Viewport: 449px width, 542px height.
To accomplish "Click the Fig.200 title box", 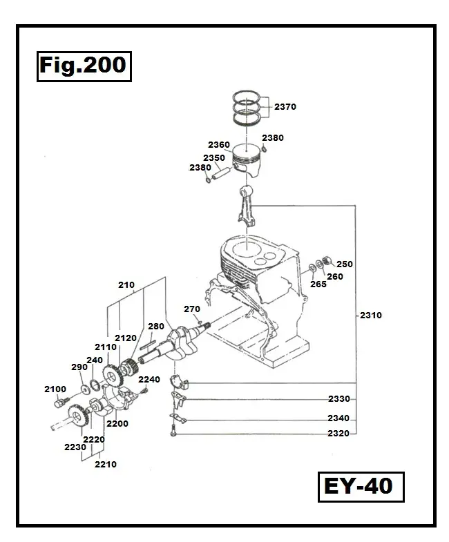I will pyautogui.click(x=82, y=66).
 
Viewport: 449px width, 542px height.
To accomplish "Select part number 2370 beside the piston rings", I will pyautogui.click(x=285, y=107).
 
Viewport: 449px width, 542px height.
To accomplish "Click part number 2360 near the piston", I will pyautogui.click(x=218, y=145).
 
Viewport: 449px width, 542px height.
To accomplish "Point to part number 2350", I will pyautogui.click(x=213, y=158).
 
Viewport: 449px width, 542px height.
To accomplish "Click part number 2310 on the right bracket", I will pyautogui.click(x=370, y=316).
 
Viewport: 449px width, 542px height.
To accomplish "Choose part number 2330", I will pyautogui.click(x=338, y=399).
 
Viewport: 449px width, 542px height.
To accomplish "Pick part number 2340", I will pyautogui.click(x=338, y=418).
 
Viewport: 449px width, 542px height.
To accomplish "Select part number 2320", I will pyautogui.click(x=338, y=434).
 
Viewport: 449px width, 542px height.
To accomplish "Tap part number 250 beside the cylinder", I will pyautogui.click(x=344, y=264).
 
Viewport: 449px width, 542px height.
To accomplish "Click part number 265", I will pyautogui.click(x=318, y=284).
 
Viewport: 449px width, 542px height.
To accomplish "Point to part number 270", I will pyautogui.click(x=191, y=309).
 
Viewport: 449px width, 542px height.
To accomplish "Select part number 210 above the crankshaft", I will pyautogui.click(x=126, y=284).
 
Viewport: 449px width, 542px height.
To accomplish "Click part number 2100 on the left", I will pyautogui.click(x=55, y=389).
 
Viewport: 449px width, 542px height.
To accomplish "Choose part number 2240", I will pyautogui.click(x=149, y=379).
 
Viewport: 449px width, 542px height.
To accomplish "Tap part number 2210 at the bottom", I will pyautogui.click(x=105, y=465).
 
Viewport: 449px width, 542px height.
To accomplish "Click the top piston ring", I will pyautogui.click(x=247, y=97).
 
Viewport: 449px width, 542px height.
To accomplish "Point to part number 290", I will pyautogui.click(x=79, y=367).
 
